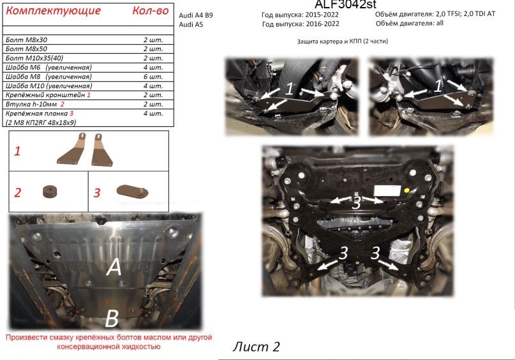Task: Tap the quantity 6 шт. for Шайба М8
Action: pyautogui.click(x=153, y=76)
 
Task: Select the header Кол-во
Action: pyautogui.click(x=151, y=11)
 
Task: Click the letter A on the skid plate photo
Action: pyautogui.click(x=114, y=267)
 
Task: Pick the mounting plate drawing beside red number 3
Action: pyautogui.click(x=132, y=191)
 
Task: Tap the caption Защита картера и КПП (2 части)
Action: pyautogui.click(x=342, y=41)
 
